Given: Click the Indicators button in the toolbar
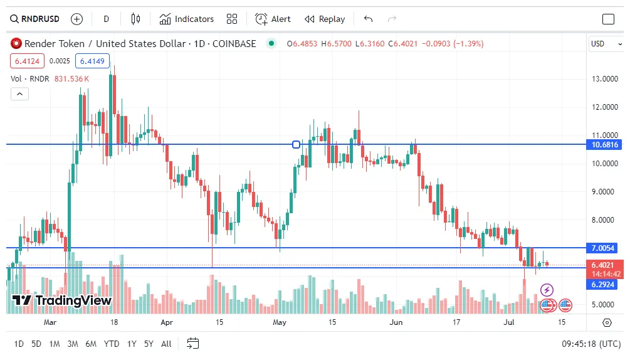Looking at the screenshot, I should (187, 19).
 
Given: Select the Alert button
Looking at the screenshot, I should (273, 19).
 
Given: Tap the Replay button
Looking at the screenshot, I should (325, 19).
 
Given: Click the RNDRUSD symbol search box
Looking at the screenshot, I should (35, 19).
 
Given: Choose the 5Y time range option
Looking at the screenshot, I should (149, 344).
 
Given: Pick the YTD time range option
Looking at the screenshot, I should (112, 344).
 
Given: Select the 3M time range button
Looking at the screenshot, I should (73, 344).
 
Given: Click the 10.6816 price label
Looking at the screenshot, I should (605, 145).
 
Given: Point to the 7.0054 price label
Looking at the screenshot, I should (605, 248).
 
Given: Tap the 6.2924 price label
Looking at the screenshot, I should (605, 285).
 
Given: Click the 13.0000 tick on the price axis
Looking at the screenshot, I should (605, 78).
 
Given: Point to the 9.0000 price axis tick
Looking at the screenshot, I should (605, 192).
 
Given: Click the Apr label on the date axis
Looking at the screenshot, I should (167, 322).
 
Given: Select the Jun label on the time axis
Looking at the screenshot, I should (396, 322).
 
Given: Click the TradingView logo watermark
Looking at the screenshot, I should (62, 300).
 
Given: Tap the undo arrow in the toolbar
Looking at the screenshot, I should (368, 19).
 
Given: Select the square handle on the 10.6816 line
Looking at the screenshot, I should (296, 144).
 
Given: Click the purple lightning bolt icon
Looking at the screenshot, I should (547, 290).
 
